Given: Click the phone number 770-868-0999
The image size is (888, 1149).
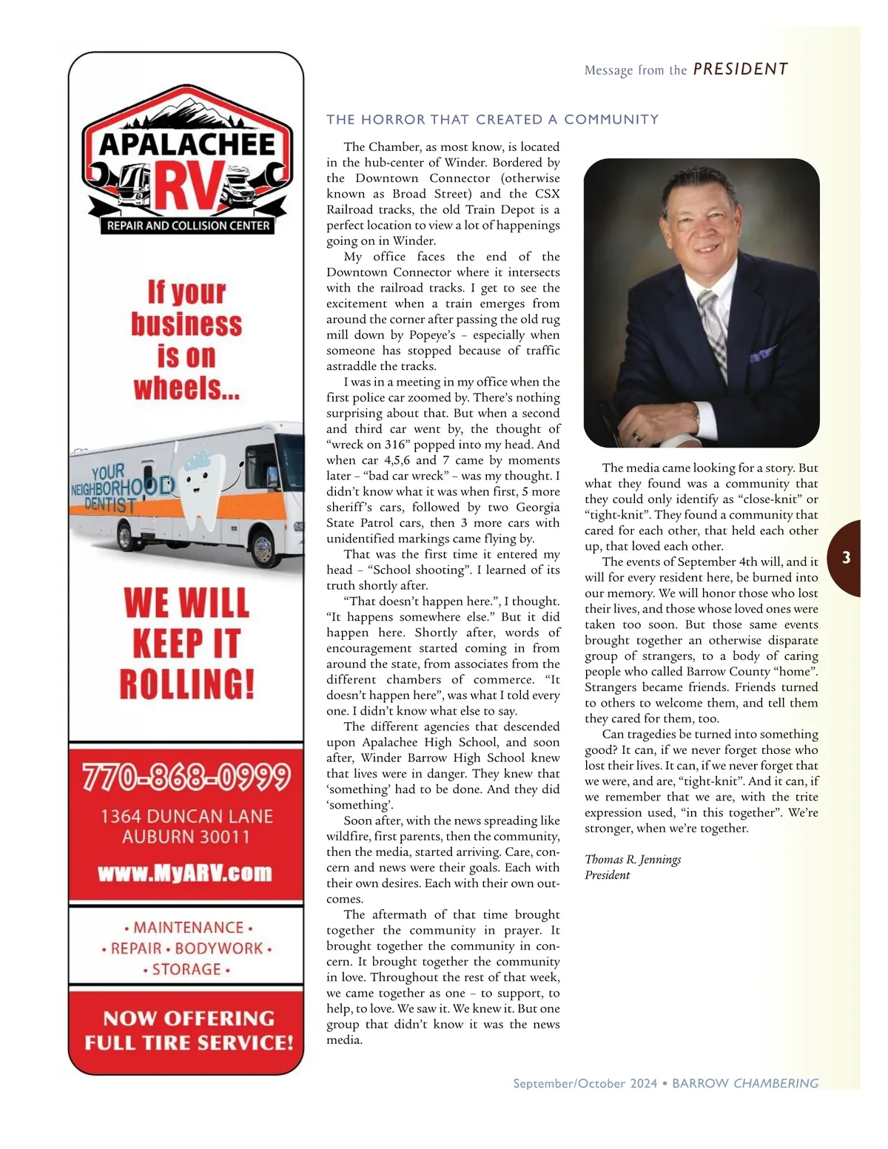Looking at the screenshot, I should click(186, 777).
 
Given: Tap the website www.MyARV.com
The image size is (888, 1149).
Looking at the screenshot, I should click(185, 873).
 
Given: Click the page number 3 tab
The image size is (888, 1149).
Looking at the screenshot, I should click(847, 558).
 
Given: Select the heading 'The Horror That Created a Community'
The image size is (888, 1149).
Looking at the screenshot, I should click(492, 119).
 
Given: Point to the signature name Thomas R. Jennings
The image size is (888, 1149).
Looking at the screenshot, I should click(633, 859).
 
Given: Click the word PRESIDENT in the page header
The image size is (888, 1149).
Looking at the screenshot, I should click(740, 70).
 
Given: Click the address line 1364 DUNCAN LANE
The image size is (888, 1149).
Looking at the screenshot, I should click(186, 816).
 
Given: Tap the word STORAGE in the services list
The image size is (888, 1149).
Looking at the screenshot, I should click(186, 969).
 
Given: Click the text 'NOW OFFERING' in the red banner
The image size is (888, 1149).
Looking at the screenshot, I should click(189, 1018).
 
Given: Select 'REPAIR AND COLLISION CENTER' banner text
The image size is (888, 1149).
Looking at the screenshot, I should click(188, 226).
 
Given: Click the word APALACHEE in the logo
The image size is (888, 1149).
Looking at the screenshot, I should click(187, 144).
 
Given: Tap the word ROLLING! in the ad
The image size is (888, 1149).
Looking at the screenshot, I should click(187, 684).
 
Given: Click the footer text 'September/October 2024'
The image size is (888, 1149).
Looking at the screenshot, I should click(585, 1083).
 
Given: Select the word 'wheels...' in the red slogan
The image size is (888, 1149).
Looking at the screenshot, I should click(186, 388).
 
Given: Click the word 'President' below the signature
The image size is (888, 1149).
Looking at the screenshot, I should click(607, 875).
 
